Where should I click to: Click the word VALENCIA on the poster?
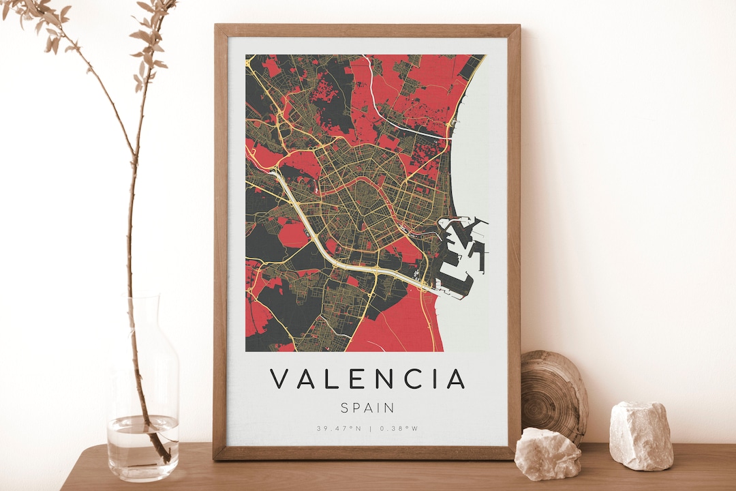[367, 379]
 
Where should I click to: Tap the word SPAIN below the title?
[367, 408]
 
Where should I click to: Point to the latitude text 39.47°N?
[338, 429]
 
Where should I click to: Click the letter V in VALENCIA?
[279, 379]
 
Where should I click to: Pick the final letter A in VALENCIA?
[455, 379]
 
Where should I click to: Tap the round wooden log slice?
[553, 396]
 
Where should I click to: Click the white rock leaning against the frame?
[547, 453]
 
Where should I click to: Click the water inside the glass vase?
[142, 443]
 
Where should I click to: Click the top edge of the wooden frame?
[367, 30]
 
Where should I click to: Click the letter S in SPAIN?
[344, 408]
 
